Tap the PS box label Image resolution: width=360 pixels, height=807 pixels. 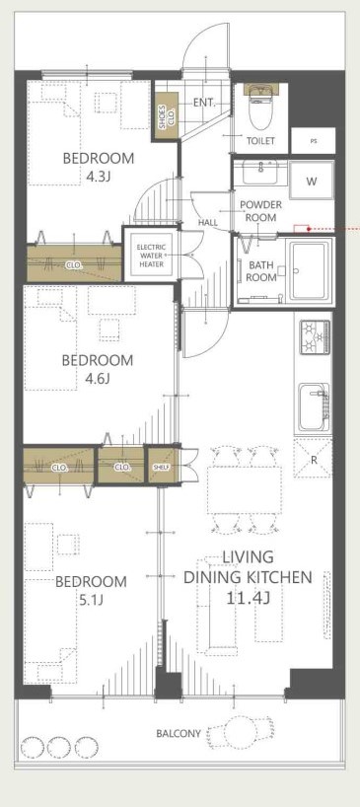(x=314, y=140)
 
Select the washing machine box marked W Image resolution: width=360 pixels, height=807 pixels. (x=312, y=181)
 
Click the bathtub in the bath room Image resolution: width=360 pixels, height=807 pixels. (x=309, y=269)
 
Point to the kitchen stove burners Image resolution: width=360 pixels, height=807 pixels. (x=315, y=337)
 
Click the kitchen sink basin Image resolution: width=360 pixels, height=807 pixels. (x=314, y=406)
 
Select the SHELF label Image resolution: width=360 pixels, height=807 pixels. (x=161, y=467)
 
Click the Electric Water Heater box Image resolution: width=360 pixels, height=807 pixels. (x=151, y=256)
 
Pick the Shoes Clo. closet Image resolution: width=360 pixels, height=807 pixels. (x=164, y=116)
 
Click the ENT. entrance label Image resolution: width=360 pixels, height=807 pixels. (x=204, y=103)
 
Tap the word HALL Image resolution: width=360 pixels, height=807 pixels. (x=208, y=223)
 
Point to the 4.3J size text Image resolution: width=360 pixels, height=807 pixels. (x=99, y=178)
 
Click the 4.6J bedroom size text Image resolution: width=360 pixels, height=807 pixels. (x=98, y=379)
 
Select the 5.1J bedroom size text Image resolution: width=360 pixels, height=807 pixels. (x=91, y=601)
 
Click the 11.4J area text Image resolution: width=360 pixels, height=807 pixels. (x=248, y=598)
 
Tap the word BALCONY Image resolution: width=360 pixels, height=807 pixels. (x=179, y=733)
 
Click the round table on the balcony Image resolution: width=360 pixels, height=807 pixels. (x=243, y=732)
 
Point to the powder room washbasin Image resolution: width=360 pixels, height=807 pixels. (x=260, y=172)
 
